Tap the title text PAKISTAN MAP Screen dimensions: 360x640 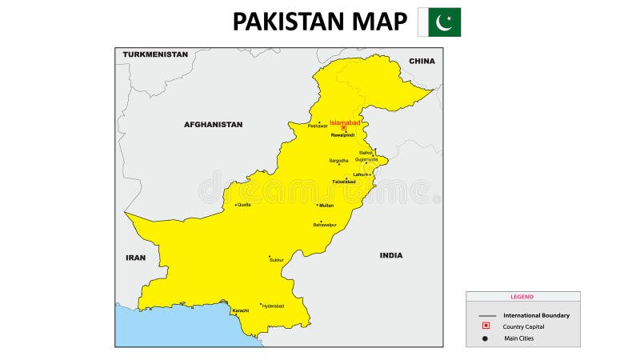tap(319, 22)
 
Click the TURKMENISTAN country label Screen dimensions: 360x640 tap(155, 54)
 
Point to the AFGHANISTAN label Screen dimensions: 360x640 tap(213, 125)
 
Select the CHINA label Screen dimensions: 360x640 tap(422, 61)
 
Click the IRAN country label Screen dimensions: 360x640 tap(135, 258)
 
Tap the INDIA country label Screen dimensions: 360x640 tap(391, 255)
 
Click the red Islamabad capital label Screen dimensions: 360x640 tap(345, 122)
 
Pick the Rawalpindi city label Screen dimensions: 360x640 tap(342, 135)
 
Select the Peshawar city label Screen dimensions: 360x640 tap(318, 126)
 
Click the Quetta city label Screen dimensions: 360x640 tap(243, 205)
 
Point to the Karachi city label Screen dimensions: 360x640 tap(240, 310)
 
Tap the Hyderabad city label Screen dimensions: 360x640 tap(273, 306)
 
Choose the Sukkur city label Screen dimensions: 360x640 tap(277, 261)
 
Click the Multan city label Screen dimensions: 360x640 tap(326, 206)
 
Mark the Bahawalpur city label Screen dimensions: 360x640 tap(325, 225)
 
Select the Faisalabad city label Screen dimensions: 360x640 tap(344, 182)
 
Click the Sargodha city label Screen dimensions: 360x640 tap(338, 161)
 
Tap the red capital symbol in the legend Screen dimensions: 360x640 tap(486, 326)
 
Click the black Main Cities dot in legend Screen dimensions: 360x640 tap(486, 338)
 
